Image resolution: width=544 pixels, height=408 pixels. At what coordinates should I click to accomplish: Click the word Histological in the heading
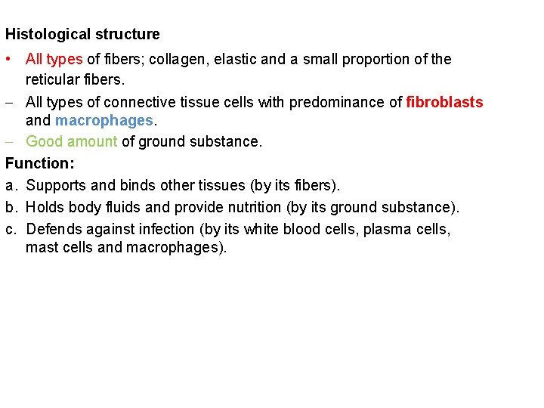(x=42, y=35)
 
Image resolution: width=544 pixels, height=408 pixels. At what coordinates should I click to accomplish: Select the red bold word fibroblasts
(x=444, y=103)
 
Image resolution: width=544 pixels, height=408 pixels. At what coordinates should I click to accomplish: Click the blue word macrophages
(x=104, y=121)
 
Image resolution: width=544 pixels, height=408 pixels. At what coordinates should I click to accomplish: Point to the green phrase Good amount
(x=71, y=142)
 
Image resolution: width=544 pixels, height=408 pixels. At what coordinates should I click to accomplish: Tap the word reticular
(x=53, y=79)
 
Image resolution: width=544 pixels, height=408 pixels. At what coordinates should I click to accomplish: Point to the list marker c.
(x=11, y=229)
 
